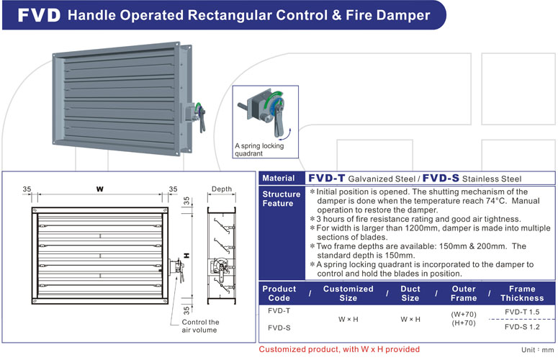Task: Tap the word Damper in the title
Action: tap(395, 15)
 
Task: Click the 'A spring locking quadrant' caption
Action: tap(259, 149)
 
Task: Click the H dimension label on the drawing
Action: tap(186, 255)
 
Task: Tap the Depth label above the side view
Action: tap(222, 189)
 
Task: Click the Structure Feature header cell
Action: tap(281, 199)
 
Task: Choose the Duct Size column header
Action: tap(410, 293)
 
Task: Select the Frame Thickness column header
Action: tap(522, 293)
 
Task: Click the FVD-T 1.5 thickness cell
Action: tap(522, 312)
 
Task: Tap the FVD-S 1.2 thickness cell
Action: tap(522, 326)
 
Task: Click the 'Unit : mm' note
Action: tap(538, 348)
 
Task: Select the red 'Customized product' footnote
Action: tap(339, 349)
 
